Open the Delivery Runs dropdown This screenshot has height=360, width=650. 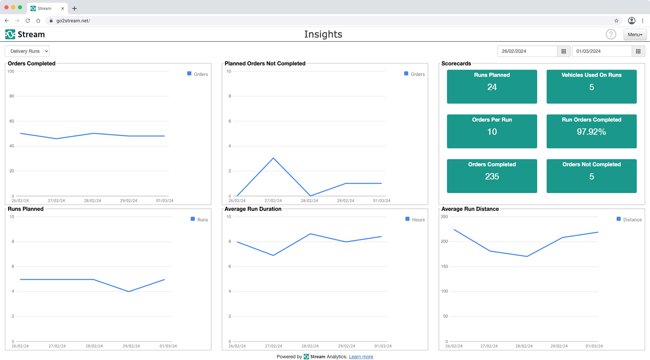27,51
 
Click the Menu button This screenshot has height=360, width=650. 635,35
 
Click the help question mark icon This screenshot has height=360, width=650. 611,34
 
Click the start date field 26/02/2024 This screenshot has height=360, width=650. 527,51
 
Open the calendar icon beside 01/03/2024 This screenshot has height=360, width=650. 638,51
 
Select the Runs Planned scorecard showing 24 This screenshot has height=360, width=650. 492,87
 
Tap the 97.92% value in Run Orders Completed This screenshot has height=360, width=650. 591,132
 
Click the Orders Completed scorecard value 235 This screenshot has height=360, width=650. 492,177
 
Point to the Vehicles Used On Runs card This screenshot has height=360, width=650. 591,87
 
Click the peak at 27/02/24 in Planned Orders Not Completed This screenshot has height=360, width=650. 273,158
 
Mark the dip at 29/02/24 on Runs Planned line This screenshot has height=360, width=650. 129,291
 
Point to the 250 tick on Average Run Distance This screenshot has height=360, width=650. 444,217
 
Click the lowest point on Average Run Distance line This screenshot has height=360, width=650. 527,256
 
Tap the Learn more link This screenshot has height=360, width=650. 361,357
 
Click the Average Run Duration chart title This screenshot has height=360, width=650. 253,209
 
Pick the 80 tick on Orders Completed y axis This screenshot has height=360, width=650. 12,96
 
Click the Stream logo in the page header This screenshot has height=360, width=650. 25,34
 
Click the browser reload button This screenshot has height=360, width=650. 28,21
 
